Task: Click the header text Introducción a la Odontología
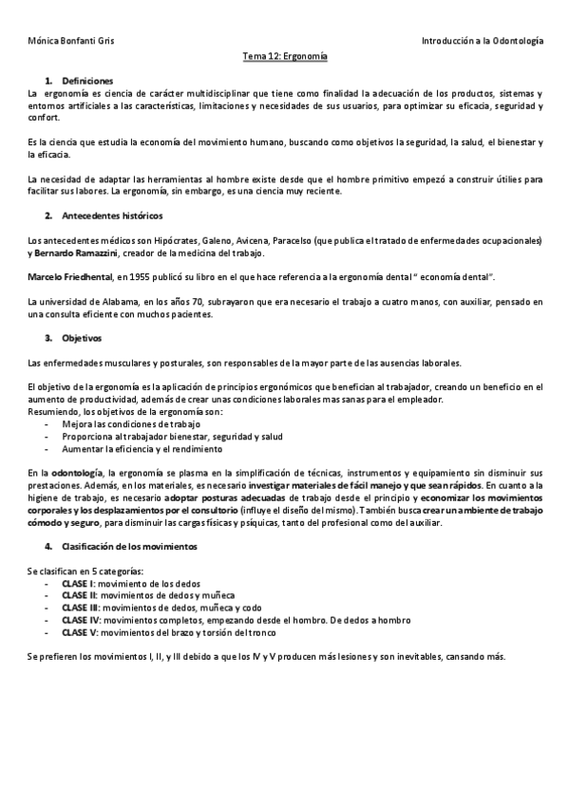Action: point(483,42)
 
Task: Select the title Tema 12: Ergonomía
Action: point(285,57)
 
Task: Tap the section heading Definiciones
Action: point(87,81)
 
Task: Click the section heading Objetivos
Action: point(82,338)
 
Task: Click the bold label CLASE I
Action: point(79,584)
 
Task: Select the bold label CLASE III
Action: point(81,608)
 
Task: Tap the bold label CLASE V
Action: point(80,631)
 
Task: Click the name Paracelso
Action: point(287,241)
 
